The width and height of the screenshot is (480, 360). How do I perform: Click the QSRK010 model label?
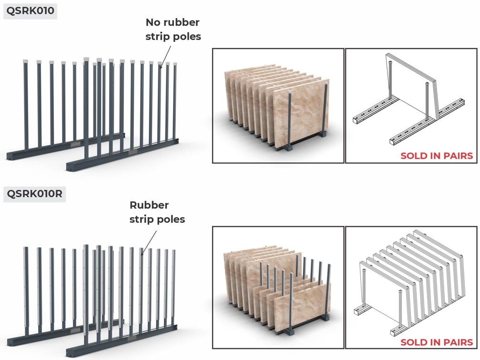(x=30, y=10)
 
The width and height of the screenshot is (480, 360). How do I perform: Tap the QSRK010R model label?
(x=35, y=194)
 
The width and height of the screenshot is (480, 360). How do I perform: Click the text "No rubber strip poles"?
(x=173, y=30)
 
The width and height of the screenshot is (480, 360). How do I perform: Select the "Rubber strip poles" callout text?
(x=157, y=212)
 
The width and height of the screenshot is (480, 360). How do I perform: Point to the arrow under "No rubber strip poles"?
(x=165, y=56)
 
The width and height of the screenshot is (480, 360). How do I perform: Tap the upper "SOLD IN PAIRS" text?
(x=437, y=156)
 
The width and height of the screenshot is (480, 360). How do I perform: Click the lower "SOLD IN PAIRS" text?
(x=437, y=342)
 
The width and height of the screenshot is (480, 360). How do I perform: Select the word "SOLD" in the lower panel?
(x=413, y=342)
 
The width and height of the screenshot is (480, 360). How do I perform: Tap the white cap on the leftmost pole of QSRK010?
(x=25, y=61)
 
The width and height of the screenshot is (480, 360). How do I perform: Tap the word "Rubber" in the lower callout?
(x=149, y=205)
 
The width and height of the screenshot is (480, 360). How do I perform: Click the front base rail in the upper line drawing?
(x=427, y=130)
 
